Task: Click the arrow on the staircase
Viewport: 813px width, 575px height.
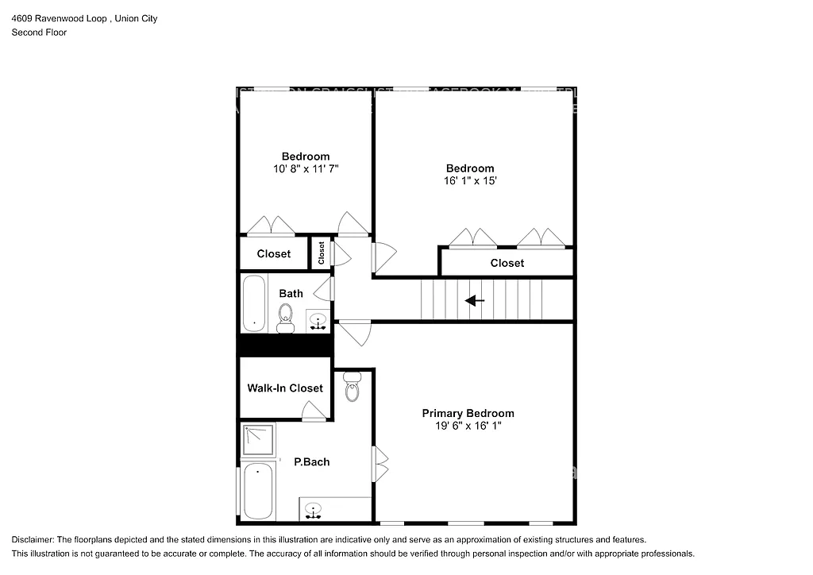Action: click(x=475, y=301)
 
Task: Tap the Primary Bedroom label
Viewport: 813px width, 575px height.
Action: click(x=468, y=413)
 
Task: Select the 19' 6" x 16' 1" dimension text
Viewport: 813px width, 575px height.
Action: click(x=468, y=426)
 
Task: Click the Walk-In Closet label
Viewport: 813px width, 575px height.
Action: click(x=285, y=388)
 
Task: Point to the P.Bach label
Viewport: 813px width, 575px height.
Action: click(x=311, y=461)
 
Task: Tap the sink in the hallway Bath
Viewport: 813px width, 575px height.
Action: click(x=318, y=322)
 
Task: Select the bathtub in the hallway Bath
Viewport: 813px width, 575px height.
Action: click(x=254, y=303)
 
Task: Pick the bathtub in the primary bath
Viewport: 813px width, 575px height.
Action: click(x=258, y=491)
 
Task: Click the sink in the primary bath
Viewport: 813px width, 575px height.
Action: click(x=314, y=509)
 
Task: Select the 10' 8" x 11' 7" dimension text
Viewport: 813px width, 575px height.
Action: click(x=306, y=168)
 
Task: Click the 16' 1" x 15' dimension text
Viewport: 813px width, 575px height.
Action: click(x=470, y=180)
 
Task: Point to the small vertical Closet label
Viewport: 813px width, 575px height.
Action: click(x=322, y=253)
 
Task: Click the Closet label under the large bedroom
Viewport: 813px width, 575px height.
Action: click(x=507, y=263)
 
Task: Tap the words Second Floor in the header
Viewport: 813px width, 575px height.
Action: click(x=39, y=33)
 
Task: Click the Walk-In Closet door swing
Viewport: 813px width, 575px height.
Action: click(x=314, y=411)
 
